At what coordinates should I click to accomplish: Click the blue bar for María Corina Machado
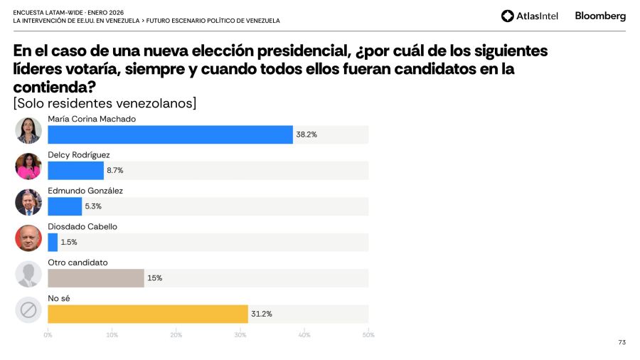coord(170,134)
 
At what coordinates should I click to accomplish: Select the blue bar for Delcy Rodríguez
coord(75,171)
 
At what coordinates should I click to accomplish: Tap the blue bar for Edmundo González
coord(65,206)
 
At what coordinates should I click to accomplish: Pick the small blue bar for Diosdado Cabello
coord(53,242)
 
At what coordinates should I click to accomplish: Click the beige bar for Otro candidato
coord(96,277)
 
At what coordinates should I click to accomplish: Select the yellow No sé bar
coord(148,314)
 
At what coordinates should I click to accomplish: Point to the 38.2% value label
coord(306,134)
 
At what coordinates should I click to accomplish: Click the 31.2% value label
coord(261,314)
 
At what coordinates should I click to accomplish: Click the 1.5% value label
coord(69,242)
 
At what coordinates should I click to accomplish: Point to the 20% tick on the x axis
coord(176,334)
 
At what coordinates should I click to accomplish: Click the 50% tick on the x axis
coord(368,334)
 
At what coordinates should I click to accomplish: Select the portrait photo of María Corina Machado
coord(28,130)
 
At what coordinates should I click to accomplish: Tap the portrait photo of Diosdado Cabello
coord(28,238)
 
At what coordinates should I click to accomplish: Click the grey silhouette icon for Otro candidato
coord(28,274)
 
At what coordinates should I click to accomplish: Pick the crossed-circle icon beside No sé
coord(28,309)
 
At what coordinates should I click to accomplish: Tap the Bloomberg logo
coord(600,16)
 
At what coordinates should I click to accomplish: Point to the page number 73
coord(622,342)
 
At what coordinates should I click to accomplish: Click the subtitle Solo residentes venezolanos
coord(105,104)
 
